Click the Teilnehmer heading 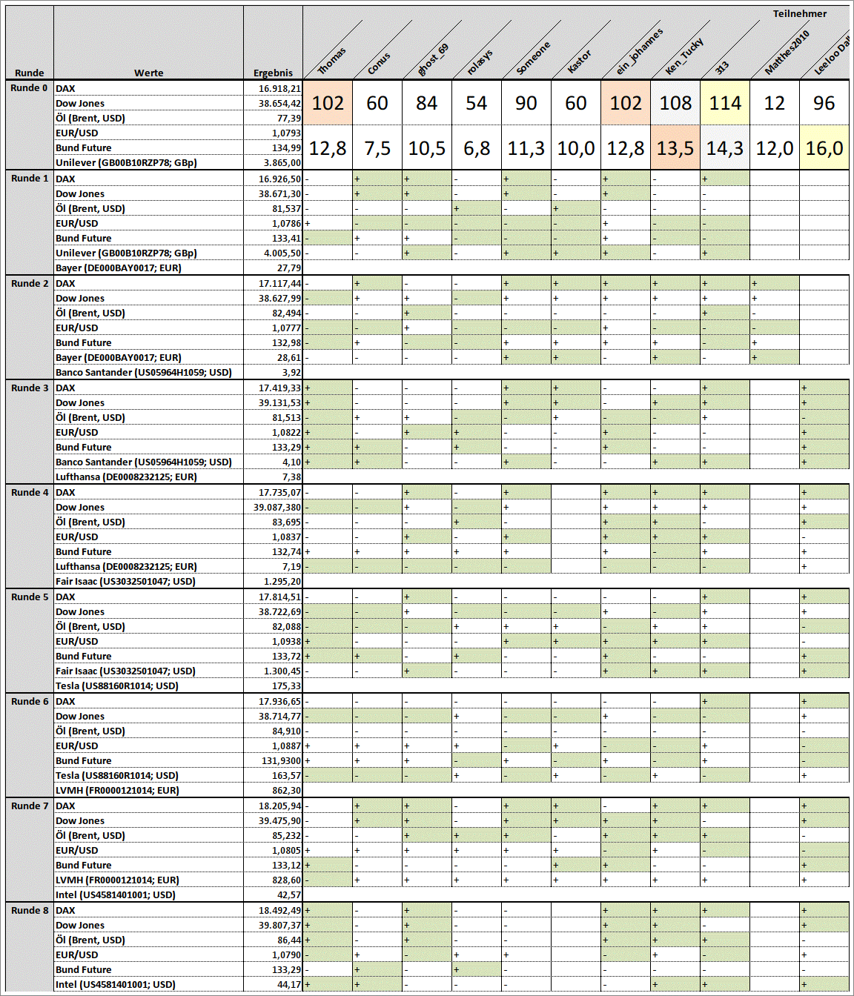point(799,13)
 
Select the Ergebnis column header point(273,73)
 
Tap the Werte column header point(148,73)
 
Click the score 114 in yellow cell point(724,103)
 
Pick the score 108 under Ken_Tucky point(675,103)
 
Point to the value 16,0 point(824,148)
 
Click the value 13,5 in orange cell point(675,148)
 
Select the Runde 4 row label point(30,492)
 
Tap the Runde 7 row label point(30,806)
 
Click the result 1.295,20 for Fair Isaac point(282,582)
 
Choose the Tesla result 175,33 point(286,686)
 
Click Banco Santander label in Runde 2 point(143,373)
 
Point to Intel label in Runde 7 point(115,895)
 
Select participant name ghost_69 point(433,59)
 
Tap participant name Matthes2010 point(787,53)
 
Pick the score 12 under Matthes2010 point(774,103)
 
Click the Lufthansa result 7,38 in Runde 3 point(291,477)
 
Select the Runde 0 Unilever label point(126,163)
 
